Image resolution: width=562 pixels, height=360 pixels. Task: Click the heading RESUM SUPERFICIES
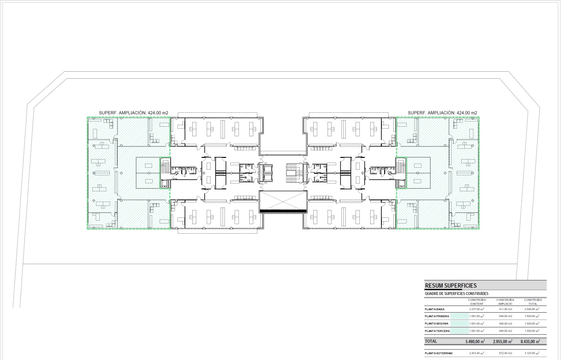(x=451, y=286)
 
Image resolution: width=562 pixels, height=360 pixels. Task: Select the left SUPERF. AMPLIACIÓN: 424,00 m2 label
(x=134, y=113)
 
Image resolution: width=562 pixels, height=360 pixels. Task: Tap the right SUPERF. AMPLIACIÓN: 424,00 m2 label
(x=442, y=113)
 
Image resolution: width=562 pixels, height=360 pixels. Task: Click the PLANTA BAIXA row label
(x=434, y=309)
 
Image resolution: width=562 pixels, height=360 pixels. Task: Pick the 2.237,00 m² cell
(x=477, y=309)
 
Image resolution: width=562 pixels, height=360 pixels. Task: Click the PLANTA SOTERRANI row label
(x=439, y=353)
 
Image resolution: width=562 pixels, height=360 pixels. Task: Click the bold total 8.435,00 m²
(x=530, y=342)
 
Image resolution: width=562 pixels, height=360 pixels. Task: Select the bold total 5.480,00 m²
(x=475, y=342)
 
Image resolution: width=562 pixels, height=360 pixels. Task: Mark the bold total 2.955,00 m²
(x=503, y=342)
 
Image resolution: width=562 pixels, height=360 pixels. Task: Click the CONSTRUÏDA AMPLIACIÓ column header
(x=505, y=302)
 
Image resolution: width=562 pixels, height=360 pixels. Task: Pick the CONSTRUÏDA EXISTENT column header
(x=477, y=302)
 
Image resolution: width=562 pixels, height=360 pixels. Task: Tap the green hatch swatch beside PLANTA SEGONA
(x=460, y=324)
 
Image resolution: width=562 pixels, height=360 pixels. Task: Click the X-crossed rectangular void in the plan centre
(x=283, y=201)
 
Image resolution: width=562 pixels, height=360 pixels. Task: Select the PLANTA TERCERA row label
(x=437, y=331)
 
